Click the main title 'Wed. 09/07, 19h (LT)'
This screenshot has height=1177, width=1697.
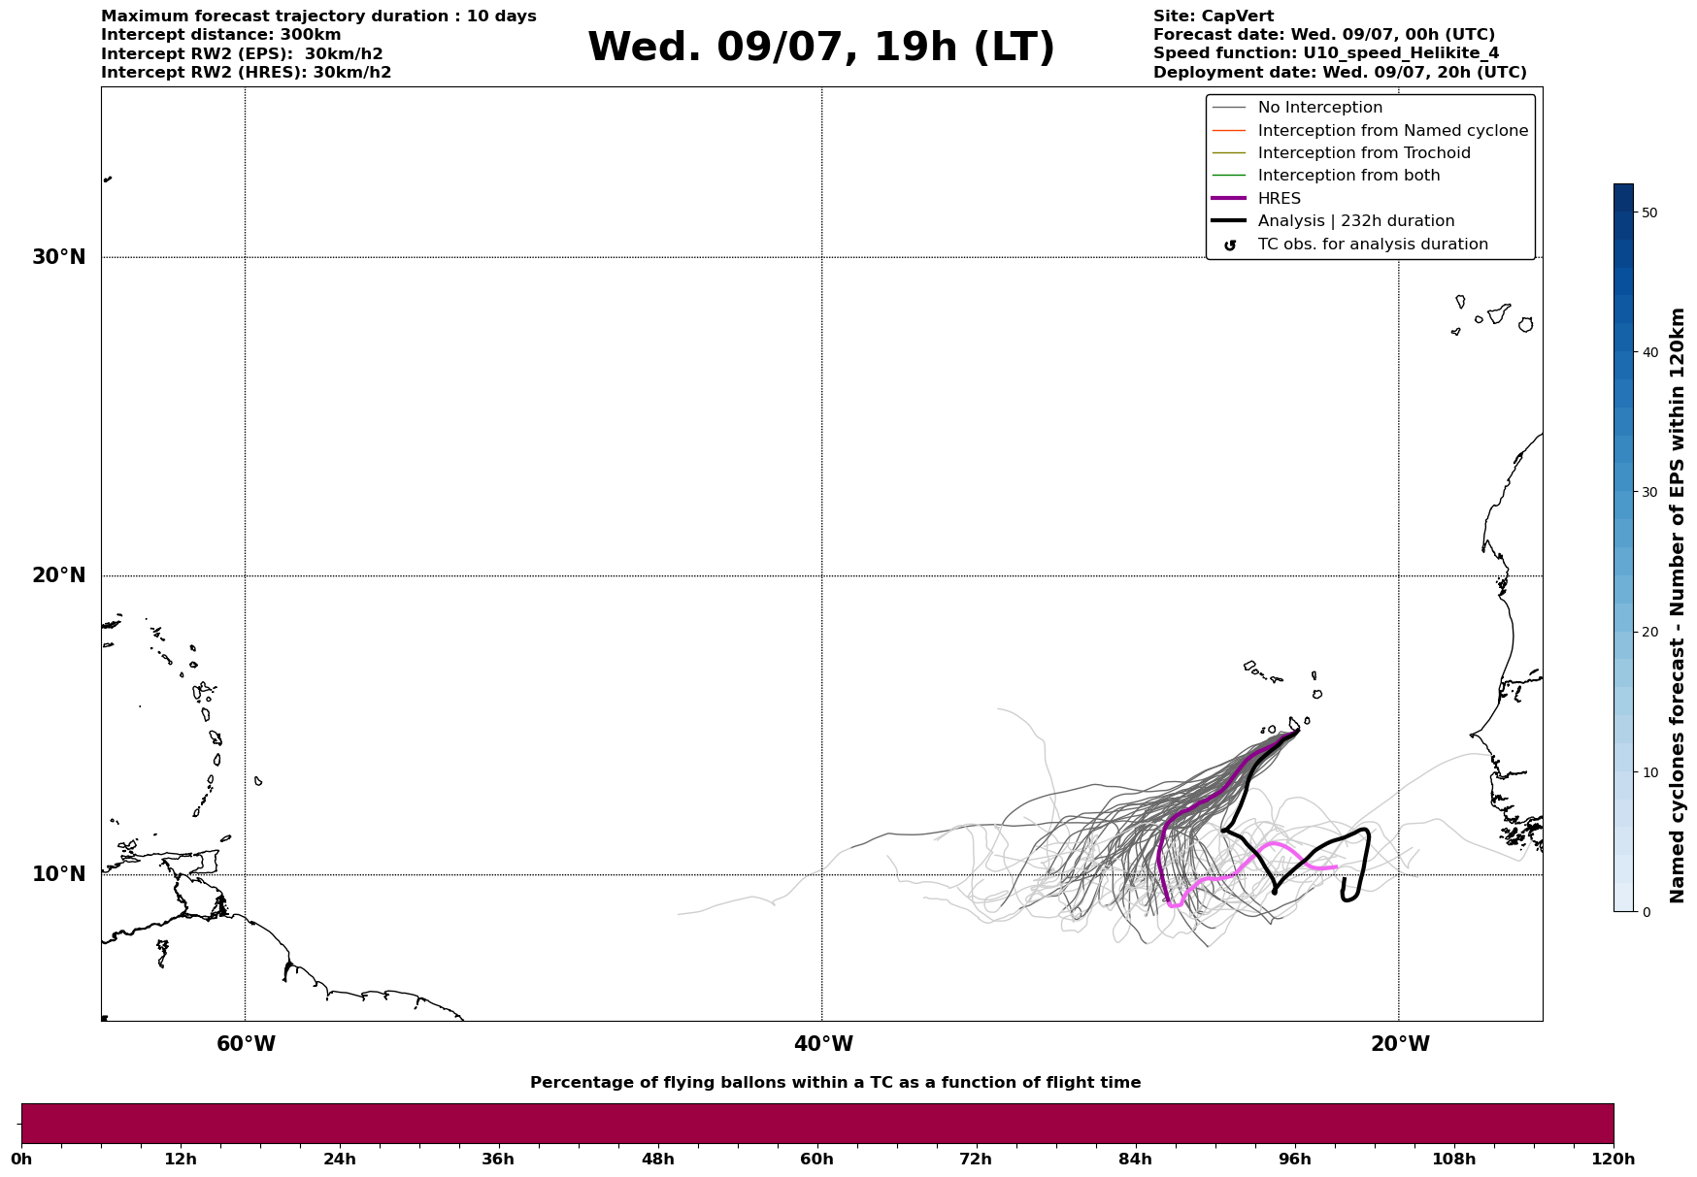(x=820, y=48)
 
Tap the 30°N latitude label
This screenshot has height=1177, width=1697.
(x=58, y=257)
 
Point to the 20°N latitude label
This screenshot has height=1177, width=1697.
(x=58, y=575)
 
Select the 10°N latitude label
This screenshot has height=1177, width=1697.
(x=58, y=874)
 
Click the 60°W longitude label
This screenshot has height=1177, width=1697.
(x=245, y=1044)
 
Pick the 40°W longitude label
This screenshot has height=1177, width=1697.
(x=822, y=1044)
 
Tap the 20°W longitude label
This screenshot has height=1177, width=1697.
(x=1399, y=1044)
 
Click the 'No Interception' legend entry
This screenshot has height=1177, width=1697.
(x=1319, y=108)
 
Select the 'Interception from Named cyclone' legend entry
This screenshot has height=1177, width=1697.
(x=1392, y=131)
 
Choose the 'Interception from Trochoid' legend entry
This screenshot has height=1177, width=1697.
(x=1363, y=153)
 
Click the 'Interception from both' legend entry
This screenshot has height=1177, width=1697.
(x=1348, y=176)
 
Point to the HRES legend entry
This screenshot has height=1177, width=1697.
(x=1279, y=199)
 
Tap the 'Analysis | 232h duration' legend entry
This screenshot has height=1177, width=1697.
(x=1355, y=221)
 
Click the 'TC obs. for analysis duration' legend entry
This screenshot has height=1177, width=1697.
(x=1372, y=245)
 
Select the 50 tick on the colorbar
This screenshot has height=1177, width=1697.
(x=1648, y=213)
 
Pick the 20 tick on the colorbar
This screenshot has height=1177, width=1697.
(x=1648, y=633)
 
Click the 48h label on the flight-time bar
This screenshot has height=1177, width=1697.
(x=657, y=1160)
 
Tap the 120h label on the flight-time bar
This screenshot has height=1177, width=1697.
(x=1613, y=1160)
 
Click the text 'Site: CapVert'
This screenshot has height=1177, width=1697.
(x=1213, y=16)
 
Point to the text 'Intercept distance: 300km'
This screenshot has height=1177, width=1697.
(x=220, y=35)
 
